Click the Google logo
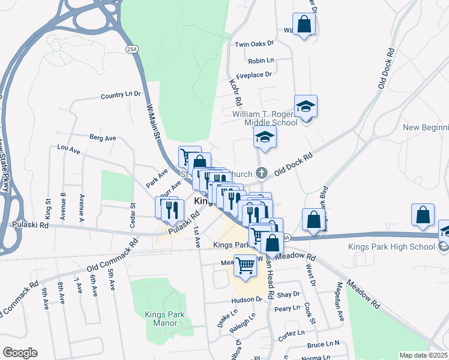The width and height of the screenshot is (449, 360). point(20,353)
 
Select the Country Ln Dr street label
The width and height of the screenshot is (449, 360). point(120,95)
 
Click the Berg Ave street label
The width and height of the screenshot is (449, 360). point(102,137)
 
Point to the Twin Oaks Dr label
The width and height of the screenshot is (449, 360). point(254,44)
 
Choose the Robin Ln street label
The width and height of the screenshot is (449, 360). point(261,61)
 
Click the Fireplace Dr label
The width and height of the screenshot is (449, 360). point(254,74)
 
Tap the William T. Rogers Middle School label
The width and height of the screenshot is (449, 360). point(265,118)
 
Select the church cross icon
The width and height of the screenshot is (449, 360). point(261,173)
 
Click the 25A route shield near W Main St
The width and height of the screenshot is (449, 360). point(131,47)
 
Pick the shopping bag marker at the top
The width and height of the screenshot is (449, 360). point(304,25)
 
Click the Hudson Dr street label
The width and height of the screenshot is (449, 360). point(246,299)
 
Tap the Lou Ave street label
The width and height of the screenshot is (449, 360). point(68,148)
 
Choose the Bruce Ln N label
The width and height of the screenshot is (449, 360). point(323,344)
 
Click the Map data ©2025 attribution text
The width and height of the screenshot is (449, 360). point(423,355)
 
